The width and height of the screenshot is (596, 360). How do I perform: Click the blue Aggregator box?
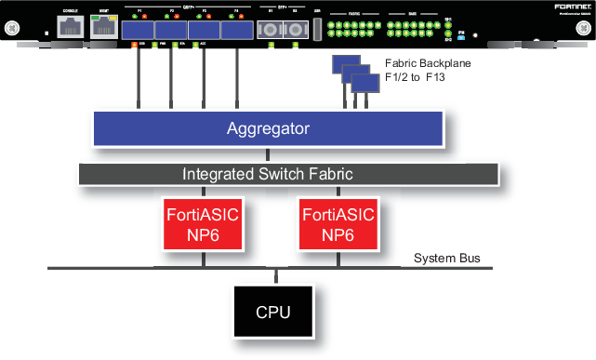268,128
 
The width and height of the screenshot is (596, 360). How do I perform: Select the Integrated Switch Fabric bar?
268,174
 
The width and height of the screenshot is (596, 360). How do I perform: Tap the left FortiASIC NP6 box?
202,223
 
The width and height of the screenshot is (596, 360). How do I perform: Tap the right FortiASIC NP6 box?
338,223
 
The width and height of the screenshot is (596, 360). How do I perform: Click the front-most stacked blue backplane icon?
364,83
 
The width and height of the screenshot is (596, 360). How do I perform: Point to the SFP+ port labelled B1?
272,30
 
